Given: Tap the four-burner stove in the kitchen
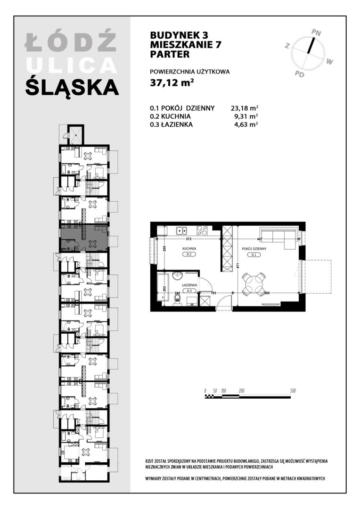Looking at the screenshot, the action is pos(203,230).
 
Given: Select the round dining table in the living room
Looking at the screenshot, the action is pos(254,284).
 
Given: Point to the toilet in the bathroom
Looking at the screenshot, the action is pos(177,301).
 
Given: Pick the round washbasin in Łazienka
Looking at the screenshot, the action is pos(178,276).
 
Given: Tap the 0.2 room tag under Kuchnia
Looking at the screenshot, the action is pos(189,254).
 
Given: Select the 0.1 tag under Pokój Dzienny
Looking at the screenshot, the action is pos(254,255).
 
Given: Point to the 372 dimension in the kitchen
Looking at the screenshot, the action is pos(189,239).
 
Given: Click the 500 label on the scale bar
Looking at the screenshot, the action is pos(293,391).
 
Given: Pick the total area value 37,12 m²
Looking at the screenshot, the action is pos(172,83).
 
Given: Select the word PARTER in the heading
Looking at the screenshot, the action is pos(170,54).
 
